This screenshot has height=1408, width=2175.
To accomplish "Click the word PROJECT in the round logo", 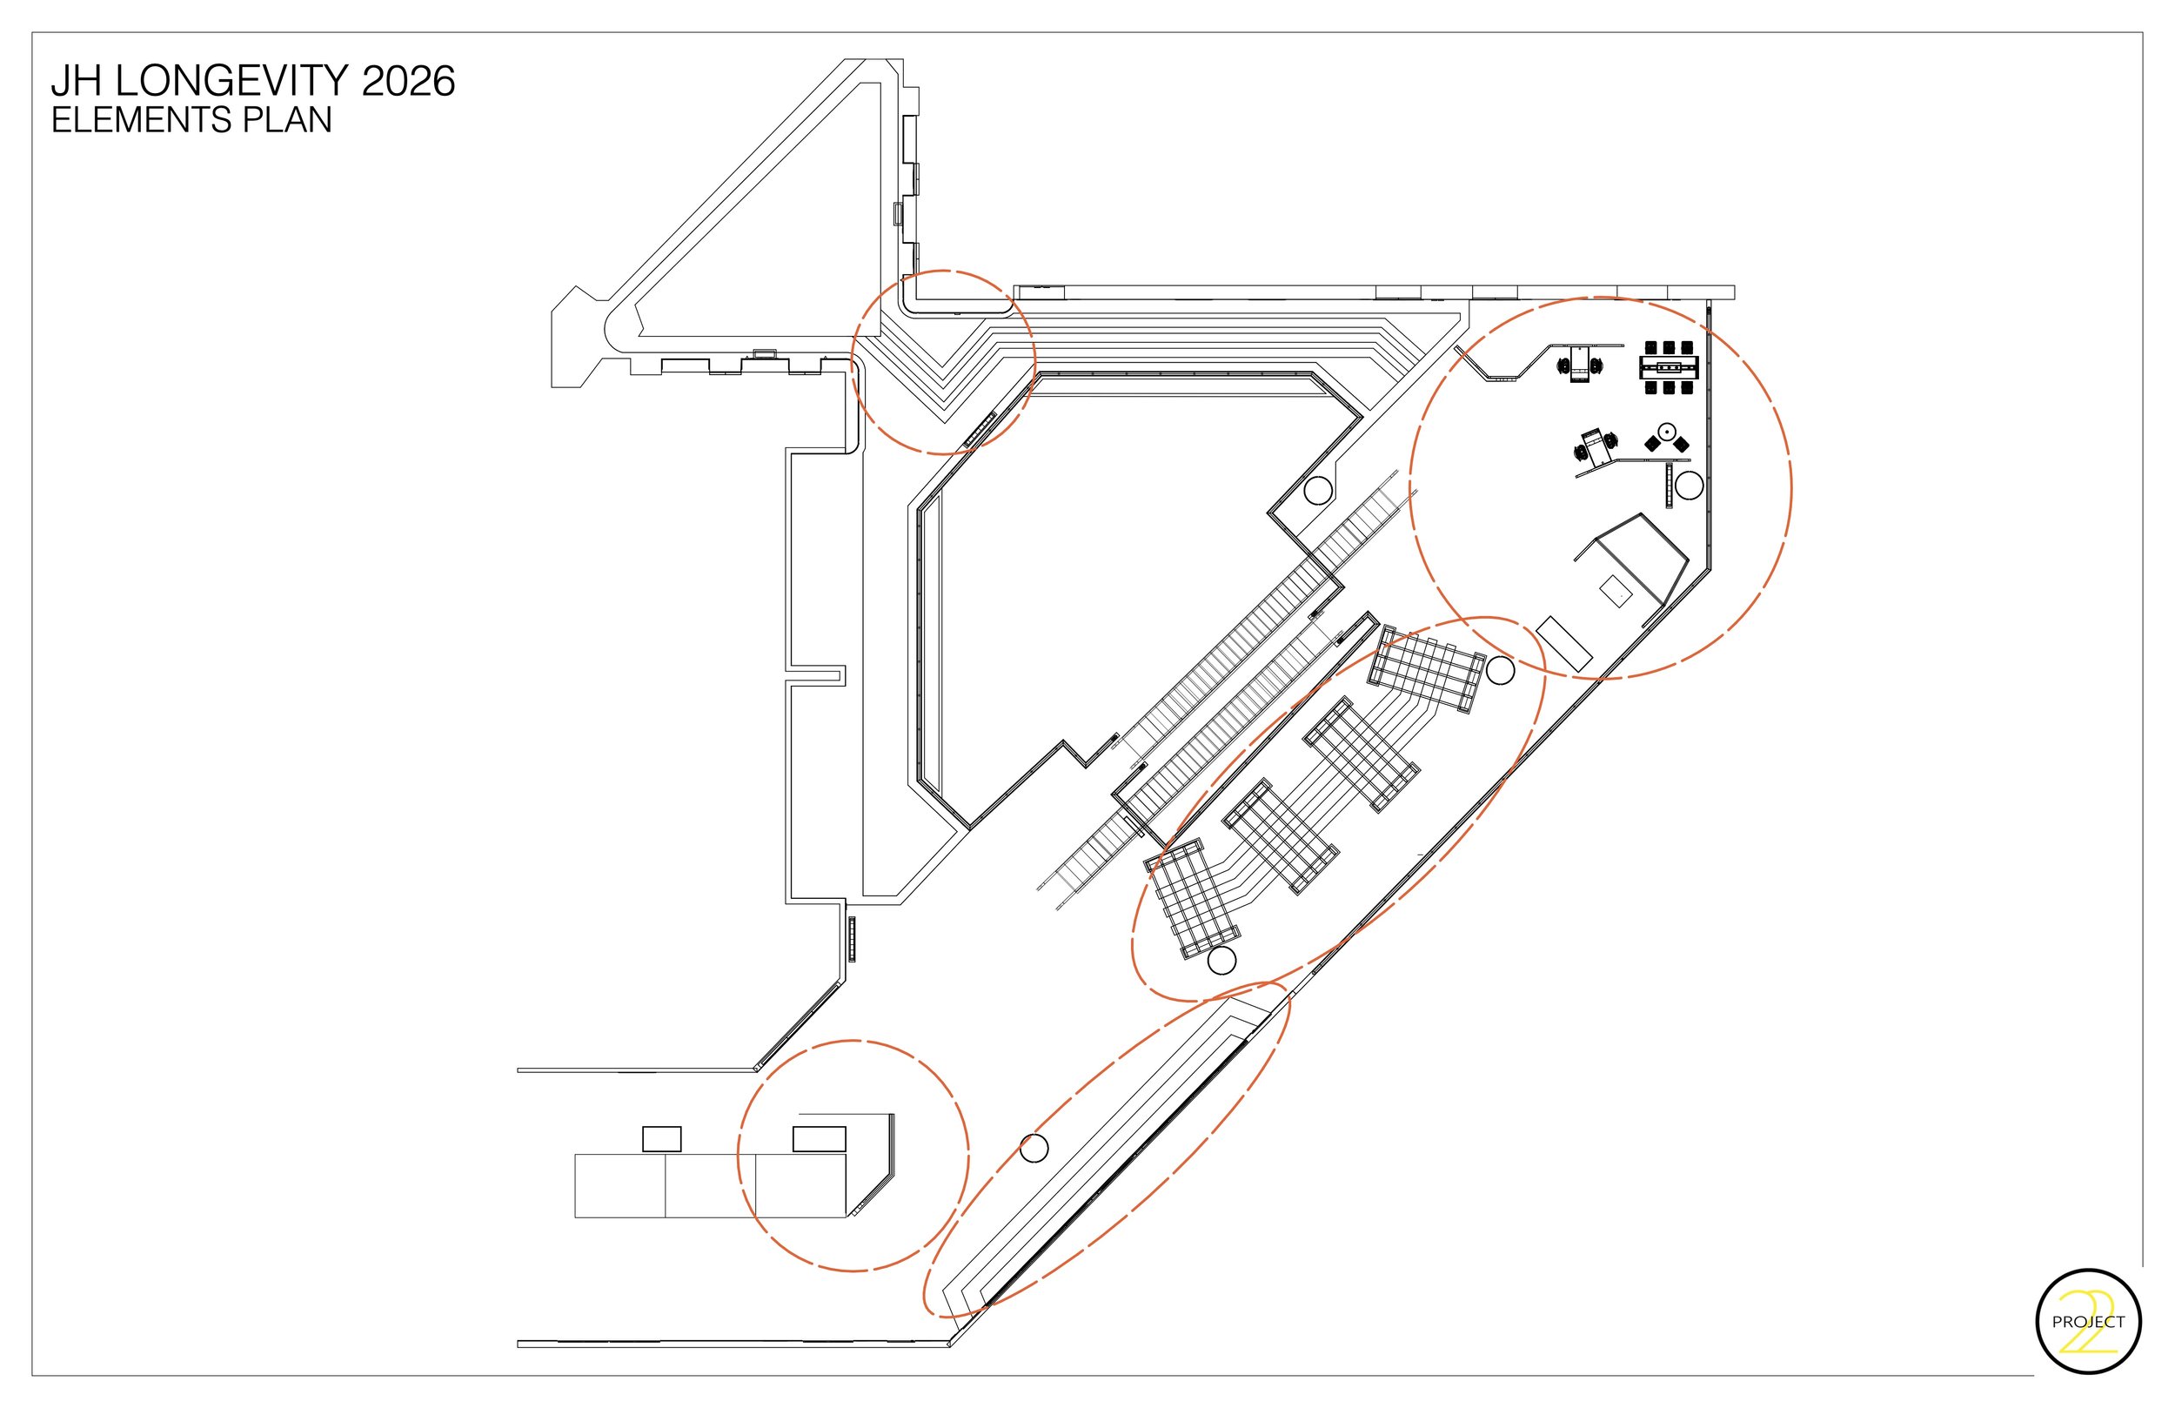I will point(2088,1322).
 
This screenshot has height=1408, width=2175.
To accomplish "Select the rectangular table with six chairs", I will point(1669,367).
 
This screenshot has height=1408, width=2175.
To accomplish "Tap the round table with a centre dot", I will point(1666,430).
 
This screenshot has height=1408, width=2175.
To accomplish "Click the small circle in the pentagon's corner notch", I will point(1317,491).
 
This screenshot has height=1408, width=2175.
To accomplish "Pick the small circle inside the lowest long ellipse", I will point(1034,1149).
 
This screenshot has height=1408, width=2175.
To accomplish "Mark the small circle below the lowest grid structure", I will point(1221,961).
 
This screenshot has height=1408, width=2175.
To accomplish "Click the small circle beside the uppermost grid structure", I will point(1500,670).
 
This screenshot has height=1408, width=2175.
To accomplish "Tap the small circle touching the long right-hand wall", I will point(1689,486).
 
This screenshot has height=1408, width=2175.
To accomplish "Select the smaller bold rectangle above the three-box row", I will point(662,1139).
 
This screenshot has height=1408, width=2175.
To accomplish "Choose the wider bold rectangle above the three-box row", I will point(819,1139).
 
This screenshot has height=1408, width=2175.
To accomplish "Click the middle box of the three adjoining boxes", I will point(710,1186).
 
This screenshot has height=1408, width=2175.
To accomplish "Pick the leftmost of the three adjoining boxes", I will point(619,1186).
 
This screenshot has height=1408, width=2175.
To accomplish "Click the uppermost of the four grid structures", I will point(1426,670).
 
